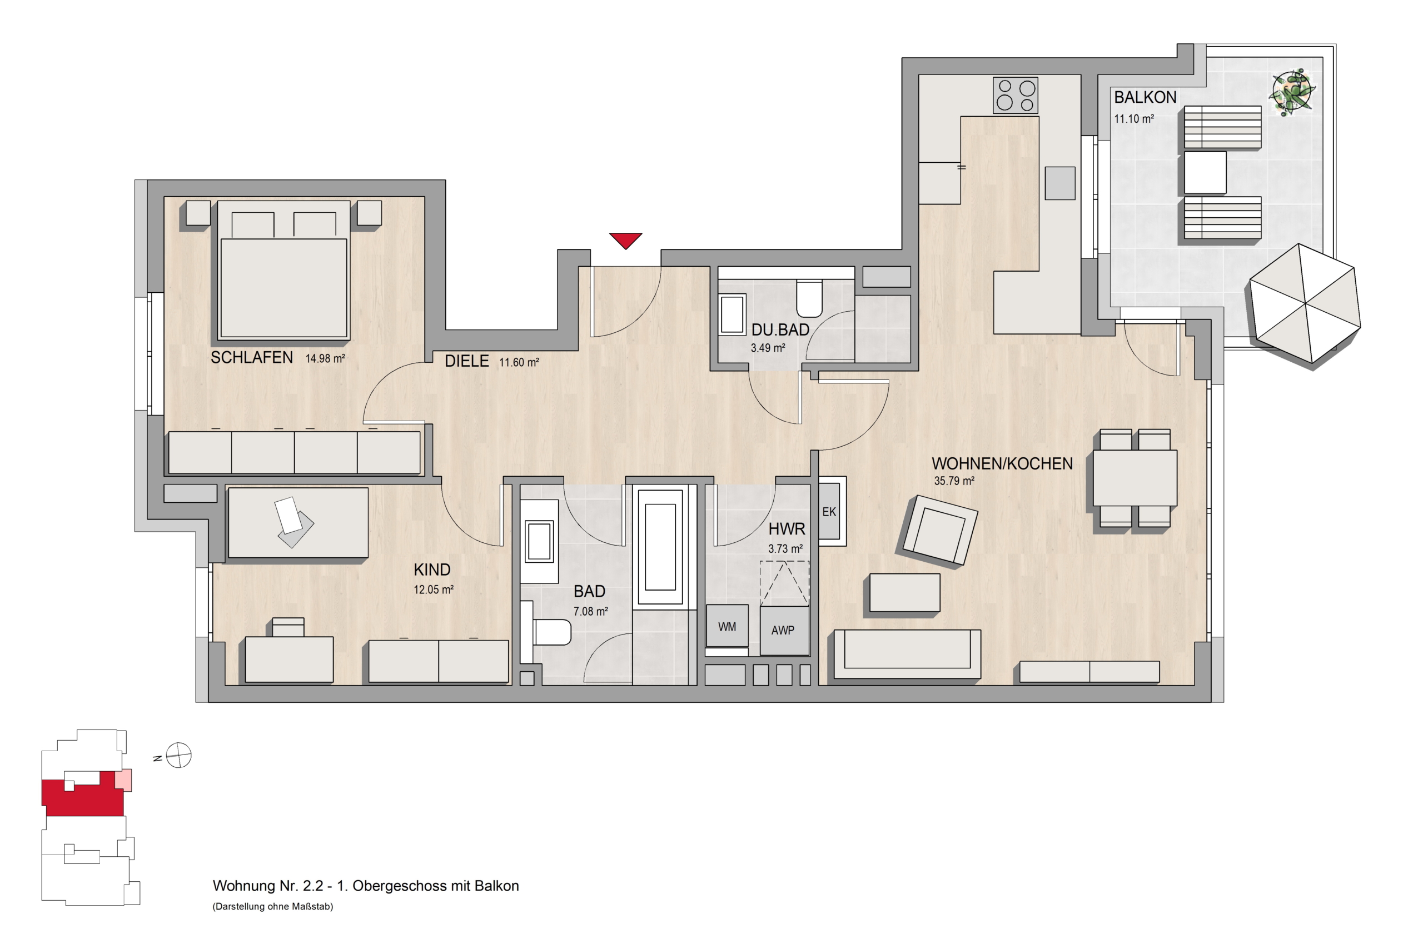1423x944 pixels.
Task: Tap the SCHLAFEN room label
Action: (x=252, y=358)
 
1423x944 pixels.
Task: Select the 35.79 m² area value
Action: (x=954, y=481)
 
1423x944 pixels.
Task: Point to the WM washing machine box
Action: (x=727, y=626)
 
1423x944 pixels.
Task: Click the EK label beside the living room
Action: (x=829, y=512)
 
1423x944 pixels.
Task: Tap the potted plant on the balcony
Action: (x=1292, y=92)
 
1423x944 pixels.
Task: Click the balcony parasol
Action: (x=1305, y=304)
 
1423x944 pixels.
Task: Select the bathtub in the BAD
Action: (x=660, y=547)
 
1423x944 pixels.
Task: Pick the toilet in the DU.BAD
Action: (x=809, y=298)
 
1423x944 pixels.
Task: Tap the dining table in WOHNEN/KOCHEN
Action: (x=1135, y=478)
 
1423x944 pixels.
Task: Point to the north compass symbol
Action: (x=178, y=756)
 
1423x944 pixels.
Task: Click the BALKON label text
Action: (x=1145, y=98)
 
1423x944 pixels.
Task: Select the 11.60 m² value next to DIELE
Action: (x=519, y=362)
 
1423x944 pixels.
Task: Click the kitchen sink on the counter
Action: (x=1060, y=183)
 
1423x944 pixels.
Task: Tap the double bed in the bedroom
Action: (x=283, y=271)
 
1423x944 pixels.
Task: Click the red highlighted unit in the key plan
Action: (x=82, y=795)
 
